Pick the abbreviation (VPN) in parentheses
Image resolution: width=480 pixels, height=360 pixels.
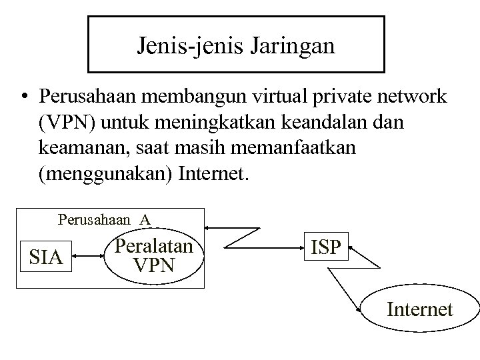point(67,124)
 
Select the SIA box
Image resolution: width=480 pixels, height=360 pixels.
point(47,257)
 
